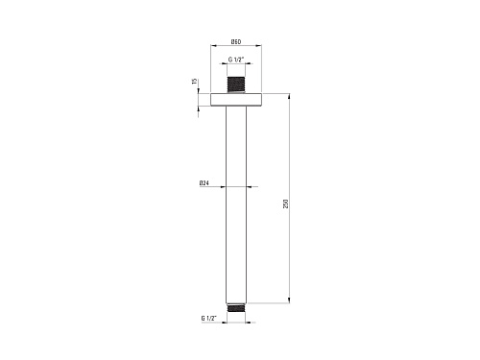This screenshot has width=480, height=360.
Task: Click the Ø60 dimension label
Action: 236,41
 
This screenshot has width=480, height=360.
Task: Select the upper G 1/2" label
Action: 236,60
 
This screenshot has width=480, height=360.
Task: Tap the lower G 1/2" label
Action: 209,318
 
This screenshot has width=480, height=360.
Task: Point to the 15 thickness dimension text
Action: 195,82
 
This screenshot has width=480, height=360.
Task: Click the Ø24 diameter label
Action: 204,183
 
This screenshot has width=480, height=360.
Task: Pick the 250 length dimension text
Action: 286,204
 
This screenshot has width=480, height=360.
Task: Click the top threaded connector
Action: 236,85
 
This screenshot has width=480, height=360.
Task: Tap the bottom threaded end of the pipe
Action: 236,308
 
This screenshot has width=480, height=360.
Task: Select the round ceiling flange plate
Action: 236,100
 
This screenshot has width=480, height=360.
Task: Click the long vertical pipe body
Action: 236,204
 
